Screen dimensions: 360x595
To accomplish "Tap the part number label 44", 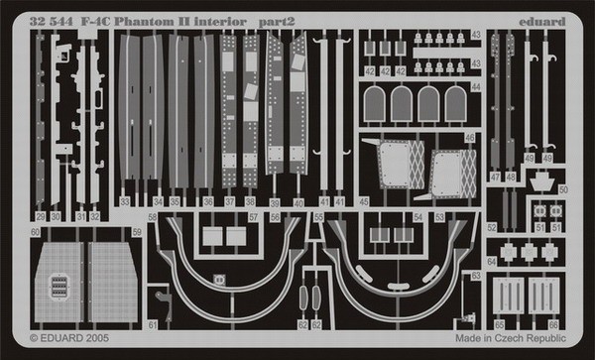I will (x=476, y=87).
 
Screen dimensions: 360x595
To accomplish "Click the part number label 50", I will (x=562, y=189).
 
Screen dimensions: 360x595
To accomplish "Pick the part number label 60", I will (x=35, y=232).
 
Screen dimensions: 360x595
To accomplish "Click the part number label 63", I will (x=476, y=276).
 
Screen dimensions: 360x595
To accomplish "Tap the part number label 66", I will (x=553, y=324).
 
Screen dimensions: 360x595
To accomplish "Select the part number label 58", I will (x=152, y=216).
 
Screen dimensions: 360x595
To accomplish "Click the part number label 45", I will (x=364, y=201).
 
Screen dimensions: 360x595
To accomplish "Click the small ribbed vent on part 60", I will (x=59, y=287).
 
